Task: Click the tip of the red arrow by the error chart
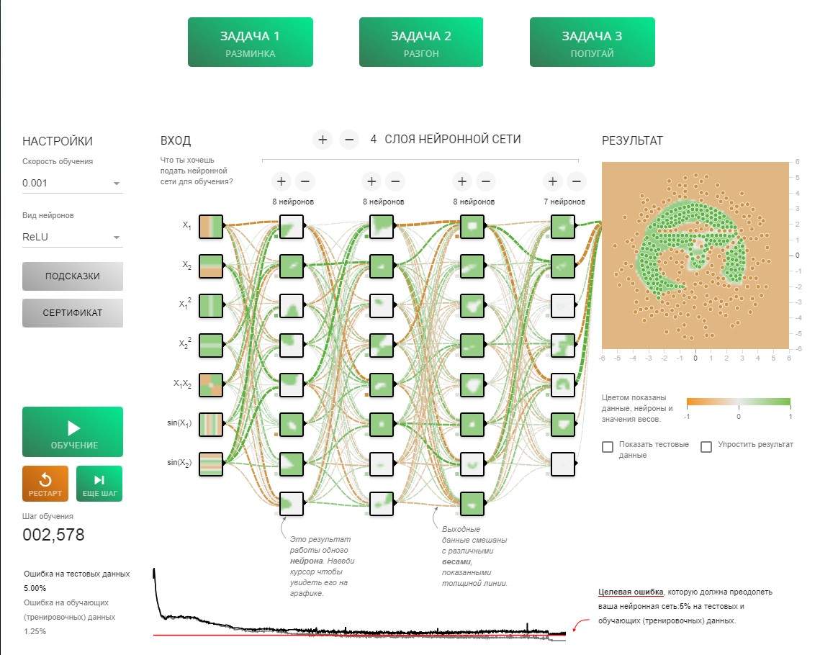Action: [x=574, y=631]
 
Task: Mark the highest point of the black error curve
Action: [x=154, y=569]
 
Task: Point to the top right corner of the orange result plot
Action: [x=789, y=162]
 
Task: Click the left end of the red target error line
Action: [x=153, y=636]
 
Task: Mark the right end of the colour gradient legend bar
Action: [x=790, y=402]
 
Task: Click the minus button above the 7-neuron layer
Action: [x=576, y=181]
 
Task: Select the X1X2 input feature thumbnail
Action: [x=210, y=384]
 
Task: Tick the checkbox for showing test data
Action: [x=608, y=447]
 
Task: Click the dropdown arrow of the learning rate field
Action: [x=117, y=184]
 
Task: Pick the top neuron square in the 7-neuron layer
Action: [x=562, y=227]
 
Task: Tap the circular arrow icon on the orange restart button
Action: [x=45, y=479]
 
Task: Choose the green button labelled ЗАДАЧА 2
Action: [x=421, y=42]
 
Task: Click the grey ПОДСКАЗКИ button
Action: [x=73, y=276]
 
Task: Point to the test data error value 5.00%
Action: [x=35, y=588]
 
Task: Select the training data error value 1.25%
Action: [x=35, y=631]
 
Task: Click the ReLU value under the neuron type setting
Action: [x=35, y=237]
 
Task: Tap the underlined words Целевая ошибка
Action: [x=631, y=592]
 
